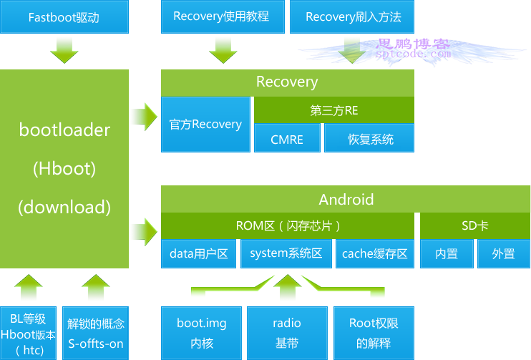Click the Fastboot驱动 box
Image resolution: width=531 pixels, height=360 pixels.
[x=64, y=16]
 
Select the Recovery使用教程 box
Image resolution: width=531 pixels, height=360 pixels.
[x=223, y=16]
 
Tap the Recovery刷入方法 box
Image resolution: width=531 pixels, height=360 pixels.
[x=352, y=16]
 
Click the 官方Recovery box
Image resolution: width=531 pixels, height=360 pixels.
[x=205, y=125]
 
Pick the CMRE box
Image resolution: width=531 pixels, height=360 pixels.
[x=287, y=138]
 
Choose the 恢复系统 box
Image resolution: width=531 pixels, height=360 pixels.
[x=369, y=138]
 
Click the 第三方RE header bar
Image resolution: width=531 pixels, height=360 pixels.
[x=334, y=110]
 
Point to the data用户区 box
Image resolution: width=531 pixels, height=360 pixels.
[x=198, y=253]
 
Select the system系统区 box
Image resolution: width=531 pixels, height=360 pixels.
[x=286, y=253]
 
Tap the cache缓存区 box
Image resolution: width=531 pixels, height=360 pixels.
[x=375, y=253]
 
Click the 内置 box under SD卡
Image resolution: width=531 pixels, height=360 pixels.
[x=447, y=253]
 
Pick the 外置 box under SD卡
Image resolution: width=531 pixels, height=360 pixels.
[x=504, y=253]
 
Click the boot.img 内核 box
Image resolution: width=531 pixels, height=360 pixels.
[x=202, y=334]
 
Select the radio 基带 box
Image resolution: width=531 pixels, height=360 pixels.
[x=287, y=334]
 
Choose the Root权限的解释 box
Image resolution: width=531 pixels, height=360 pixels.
[x=374, y=334]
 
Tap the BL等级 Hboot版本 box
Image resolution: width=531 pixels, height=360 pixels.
[x=28, y=334]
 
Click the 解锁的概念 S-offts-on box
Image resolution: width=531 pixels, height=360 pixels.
[x=95, y=334]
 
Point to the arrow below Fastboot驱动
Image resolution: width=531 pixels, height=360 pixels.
[x=64, y=51]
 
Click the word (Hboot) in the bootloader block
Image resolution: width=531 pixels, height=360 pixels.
[x=64, y=168]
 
